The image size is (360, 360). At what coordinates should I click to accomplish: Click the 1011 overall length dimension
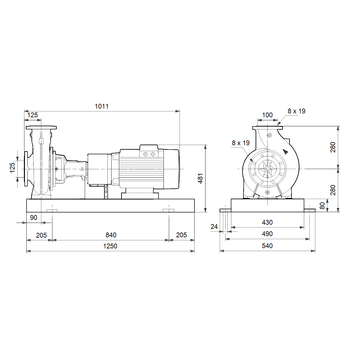[102, 106]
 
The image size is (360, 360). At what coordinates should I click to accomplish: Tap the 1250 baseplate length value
[110, 246]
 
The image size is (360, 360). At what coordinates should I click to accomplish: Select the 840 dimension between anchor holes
[111, 235]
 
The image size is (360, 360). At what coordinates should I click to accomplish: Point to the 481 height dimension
[200, 178]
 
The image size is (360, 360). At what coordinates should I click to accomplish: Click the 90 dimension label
[34, 217]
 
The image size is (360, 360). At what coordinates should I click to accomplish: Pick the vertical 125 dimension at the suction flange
[12, 168]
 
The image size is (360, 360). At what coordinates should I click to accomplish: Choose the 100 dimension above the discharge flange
[267, 115]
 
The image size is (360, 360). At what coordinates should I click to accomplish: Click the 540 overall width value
[267, 246]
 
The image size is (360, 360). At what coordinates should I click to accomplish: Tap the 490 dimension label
[267, 234]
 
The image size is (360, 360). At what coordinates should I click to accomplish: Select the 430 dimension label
[267, 222]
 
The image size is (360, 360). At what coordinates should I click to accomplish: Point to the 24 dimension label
[214, 226]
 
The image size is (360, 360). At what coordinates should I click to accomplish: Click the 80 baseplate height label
[322, 206]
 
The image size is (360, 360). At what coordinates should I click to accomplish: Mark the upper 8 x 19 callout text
[296, 111]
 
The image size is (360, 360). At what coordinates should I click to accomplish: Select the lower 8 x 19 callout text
[241, 143]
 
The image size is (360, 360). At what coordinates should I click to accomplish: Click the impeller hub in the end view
[267, 169]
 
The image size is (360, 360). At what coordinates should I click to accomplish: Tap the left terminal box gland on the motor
[145, 154]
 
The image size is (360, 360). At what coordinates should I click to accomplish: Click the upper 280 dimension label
[333, 147]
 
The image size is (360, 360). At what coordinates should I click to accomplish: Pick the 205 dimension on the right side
[181, 235]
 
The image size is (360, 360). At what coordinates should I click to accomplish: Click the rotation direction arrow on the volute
[285, 151]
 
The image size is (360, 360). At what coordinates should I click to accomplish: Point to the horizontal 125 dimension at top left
[32, 115]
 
